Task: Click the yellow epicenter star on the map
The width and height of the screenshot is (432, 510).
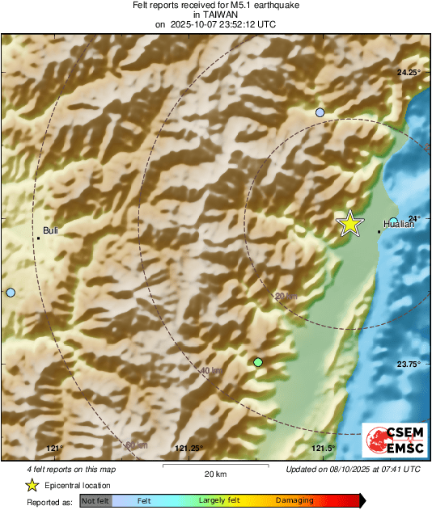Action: pos(349,222)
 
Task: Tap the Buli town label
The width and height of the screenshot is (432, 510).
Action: pos(50,230)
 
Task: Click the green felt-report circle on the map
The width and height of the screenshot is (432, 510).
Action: pos(258,363)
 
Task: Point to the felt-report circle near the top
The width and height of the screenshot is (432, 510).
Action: pos(320,112)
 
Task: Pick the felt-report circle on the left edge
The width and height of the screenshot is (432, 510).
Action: pos(10,293)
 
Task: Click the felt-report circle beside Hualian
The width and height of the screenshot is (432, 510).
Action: pos(393,221)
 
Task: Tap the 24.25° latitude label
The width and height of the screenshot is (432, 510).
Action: pos(409,73)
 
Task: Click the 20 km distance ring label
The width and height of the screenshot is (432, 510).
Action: pos(286,297)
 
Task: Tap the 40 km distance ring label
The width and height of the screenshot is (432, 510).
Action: pos(210,371)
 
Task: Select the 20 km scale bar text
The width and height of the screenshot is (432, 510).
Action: pos(215,474)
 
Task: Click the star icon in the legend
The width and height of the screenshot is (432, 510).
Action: pos(32,485)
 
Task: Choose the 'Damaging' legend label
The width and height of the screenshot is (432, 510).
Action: pos(294,501)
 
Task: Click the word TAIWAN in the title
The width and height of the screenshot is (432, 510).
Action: pos(215,15)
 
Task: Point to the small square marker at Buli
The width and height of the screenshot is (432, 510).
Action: pos(38,238)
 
